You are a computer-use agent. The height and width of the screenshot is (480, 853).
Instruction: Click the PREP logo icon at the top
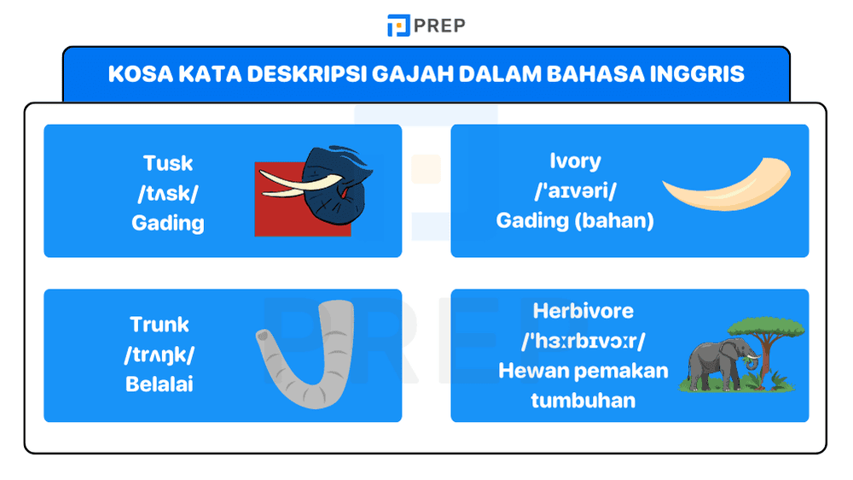click(x=398, y=26)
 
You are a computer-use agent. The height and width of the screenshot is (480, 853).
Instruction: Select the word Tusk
click(x=168, y=163)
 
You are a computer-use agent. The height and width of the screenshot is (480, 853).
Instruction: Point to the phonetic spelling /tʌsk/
click(x=168, y=193)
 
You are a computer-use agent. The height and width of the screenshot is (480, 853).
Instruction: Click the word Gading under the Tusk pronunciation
click(x=168, y=223)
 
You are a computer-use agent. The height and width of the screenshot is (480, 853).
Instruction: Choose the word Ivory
click(x=575, y=161)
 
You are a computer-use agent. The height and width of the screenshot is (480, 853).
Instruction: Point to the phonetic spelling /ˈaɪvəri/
click(x=575, y=190)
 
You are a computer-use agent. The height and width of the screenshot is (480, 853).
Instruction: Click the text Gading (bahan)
click(x=575, y=220)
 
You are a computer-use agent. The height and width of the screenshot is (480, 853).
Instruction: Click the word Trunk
click(x=160, y=325)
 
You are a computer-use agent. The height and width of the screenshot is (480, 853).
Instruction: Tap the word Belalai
click(x=160, y=384)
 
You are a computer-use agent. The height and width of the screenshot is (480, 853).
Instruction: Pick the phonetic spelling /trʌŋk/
click(x=160, y=354)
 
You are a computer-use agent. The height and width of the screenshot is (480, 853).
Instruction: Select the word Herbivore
click(x=583, y=311)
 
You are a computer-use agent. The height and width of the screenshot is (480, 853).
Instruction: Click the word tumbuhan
click(x=583, y=400)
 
